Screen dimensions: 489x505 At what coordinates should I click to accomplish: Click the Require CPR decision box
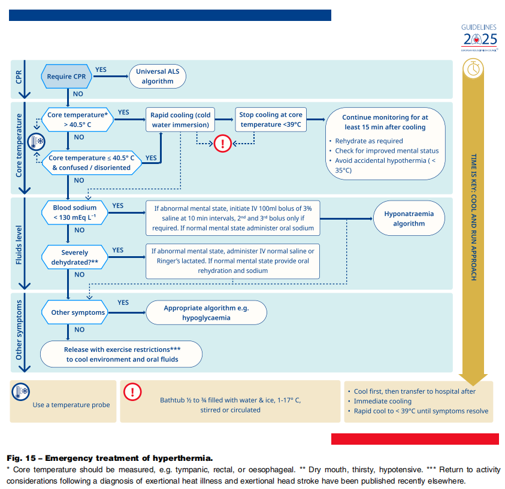click(66, 77)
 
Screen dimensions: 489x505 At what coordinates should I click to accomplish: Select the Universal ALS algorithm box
click(158, 76)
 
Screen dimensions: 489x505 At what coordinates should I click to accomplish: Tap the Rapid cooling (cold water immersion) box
click(180, 120)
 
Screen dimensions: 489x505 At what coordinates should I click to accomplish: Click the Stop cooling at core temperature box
click(271, 120)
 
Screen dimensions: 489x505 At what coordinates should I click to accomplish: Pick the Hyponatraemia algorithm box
click(409, 218)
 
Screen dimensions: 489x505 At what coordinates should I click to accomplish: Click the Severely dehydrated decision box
click(74, 257)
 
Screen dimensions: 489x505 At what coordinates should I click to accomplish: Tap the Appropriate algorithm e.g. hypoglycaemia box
click(206, 312)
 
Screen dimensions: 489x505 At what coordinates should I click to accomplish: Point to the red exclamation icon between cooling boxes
click(223, 144)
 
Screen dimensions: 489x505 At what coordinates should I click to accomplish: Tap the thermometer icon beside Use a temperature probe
click(21, 392)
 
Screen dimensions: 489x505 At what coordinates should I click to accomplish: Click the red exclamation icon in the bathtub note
click(132, 392)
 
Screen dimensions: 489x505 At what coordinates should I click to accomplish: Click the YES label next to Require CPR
click(101, 69)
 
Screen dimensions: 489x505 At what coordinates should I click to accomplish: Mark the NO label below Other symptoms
click(79, 329)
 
